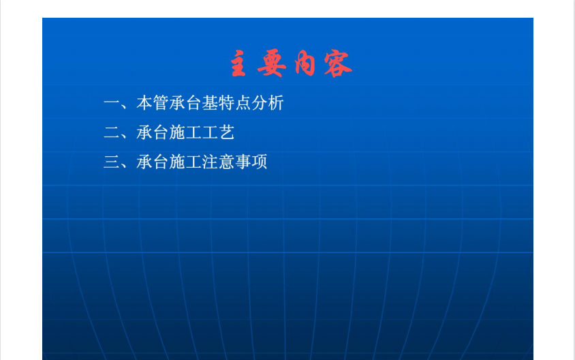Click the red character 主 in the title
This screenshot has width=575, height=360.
[x=238, y=63]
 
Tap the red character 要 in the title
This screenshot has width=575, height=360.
[x=272, y=63]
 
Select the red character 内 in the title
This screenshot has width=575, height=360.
[x=305, y=64]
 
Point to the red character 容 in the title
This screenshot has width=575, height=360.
[x=338, y=64]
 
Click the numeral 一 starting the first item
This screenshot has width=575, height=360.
[x=112, y=103]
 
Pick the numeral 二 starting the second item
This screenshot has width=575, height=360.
[x=112, y=132]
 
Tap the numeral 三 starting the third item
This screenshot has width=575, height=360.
[x=112, y=162]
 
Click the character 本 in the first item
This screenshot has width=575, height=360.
[x=144, y=103]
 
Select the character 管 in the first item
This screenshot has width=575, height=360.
[x=161, y=103]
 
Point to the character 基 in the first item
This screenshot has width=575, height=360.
[x=211, y=103]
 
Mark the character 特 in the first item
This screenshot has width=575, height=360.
[x=227, y=103]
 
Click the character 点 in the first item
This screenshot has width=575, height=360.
[x=243, y=103]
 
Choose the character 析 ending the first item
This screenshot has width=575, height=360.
[x=276, y=103]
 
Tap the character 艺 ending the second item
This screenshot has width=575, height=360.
[x=227, y=132]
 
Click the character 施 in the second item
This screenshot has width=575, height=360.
[x=178, y=132]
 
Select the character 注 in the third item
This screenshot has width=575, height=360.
[x=211, y=162]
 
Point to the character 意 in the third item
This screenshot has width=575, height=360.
[x=227, y=162]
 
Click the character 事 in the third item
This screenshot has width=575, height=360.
[x=243, y=162]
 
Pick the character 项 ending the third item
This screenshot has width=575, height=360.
[x=260, y=162]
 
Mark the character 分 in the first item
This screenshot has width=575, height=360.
[x=260, y=103]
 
